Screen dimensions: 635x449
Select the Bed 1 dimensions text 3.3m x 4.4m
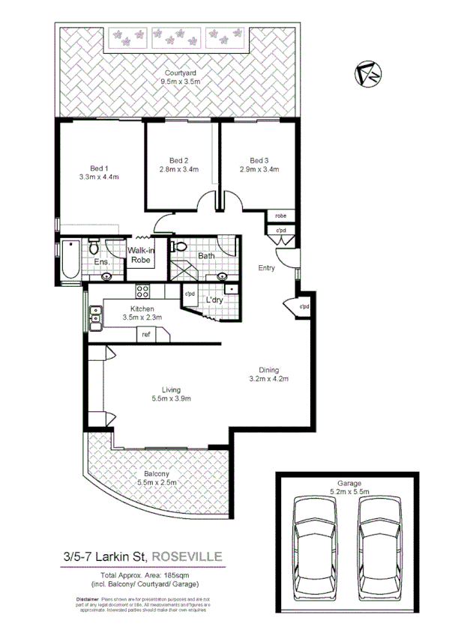pyautogui.click(x=99, y=177)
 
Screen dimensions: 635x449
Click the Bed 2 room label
pyautogui.click(x=178, y=160)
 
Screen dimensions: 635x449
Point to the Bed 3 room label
pyautogui.click(x=259, y=160)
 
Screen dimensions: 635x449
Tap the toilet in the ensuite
pyautogui.click(x=94, y=246)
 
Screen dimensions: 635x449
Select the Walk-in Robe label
pyautogui.click(x=140, y=255)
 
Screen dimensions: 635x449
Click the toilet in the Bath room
pyautogui.click(x=179, y=246)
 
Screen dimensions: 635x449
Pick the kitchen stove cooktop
pyautogui.click(x=142, y=291)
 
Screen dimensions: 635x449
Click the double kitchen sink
pyautogui.click(x=95, y=320)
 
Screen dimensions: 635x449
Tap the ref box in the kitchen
pyautogui.click(x=145, y=335)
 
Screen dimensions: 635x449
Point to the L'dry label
pyautogui.click(x=215, y=300)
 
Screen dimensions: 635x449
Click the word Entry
pyautogui.click(x=266, y=268)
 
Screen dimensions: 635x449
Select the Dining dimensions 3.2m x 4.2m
pyautogui.click(x=268, y=379)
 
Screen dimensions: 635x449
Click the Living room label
pyautogui.click(x=172, y=389)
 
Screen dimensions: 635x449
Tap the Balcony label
pyautogui.click(x=157, y=474)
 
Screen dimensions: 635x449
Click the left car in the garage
pyautogui.click(x=310, y=536)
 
